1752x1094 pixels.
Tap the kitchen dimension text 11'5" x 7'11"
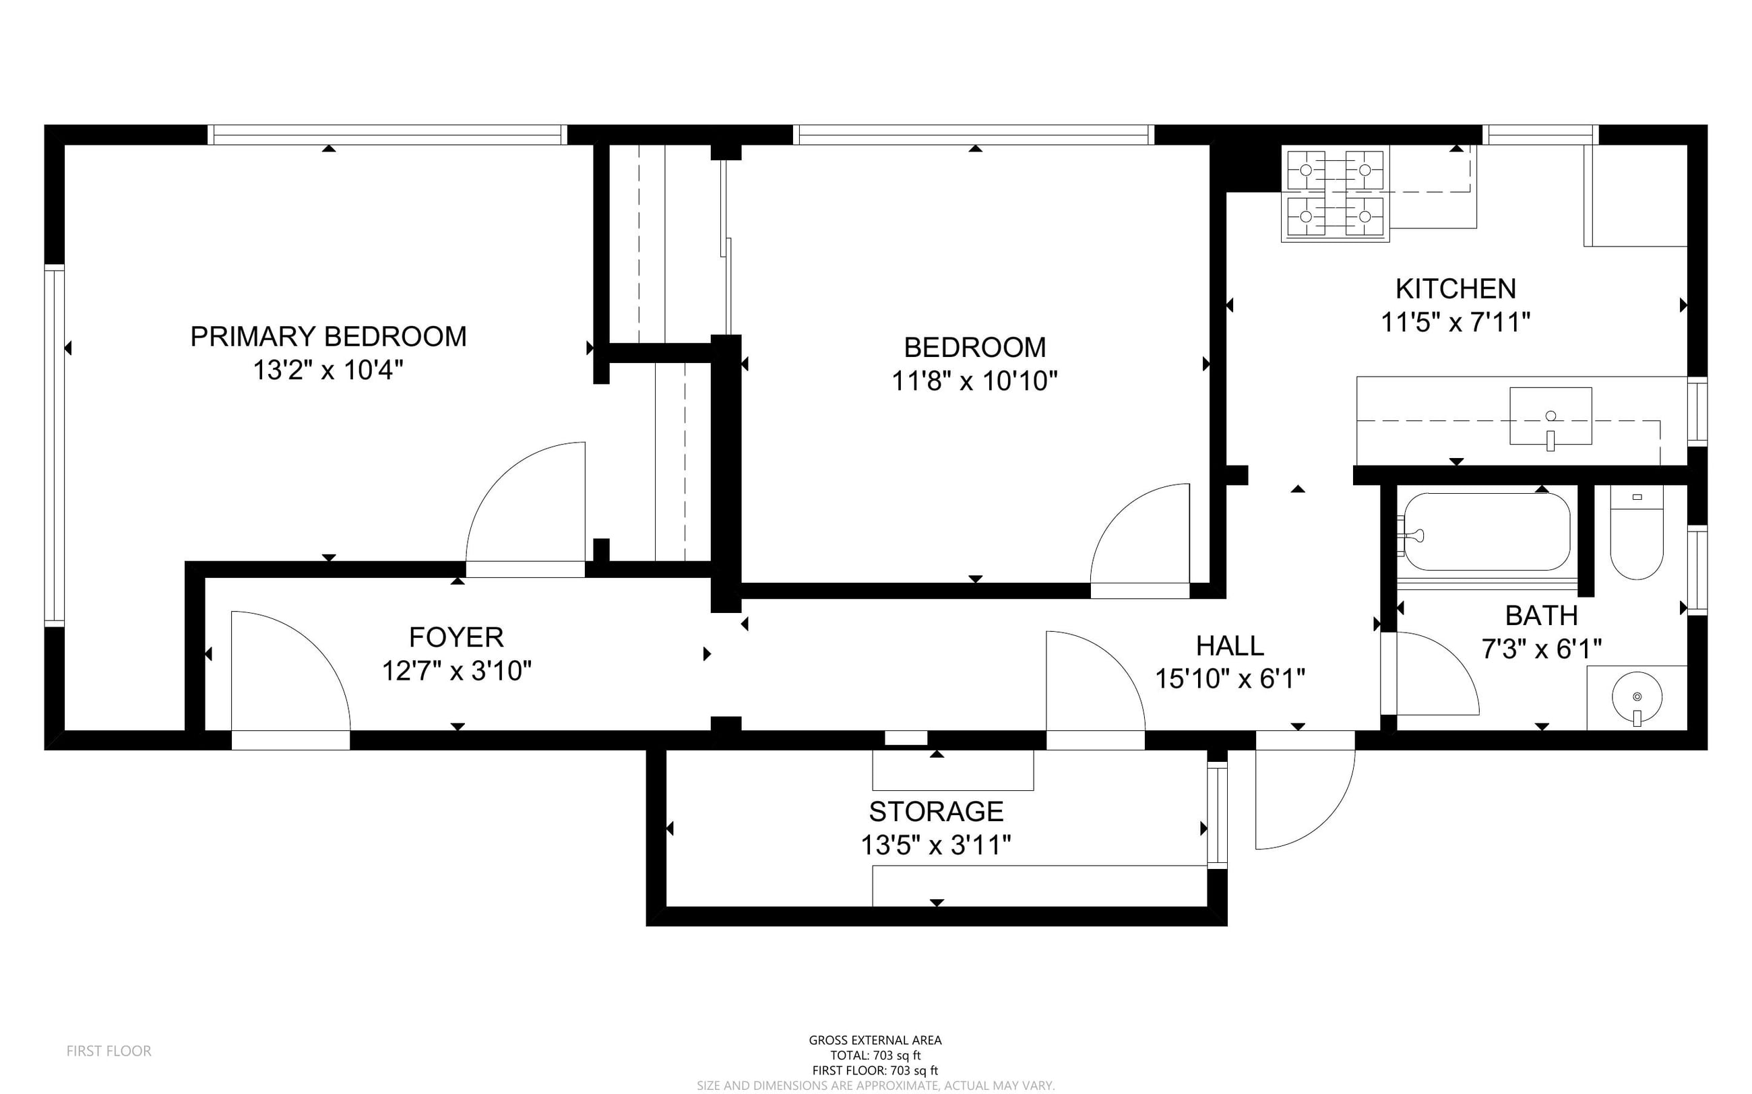(1456, 322)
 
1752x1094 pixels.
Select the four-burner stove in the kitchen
(1335, 194)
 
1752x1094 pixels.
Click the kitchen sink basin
(1550, 416)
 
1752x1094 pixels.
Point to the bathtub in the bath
(1487, 532)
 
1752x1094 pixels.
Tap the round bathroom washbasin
(1637, 697)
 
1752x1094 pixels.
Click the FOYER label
(456, 637)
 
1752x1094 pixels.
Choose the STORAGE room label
(937, 812)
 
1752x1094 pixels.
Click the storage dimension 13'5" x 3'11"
(936, 844)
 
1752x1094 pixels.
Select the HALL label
(1230, 645)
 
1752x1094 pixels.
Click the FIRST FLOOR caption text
(109, 1051)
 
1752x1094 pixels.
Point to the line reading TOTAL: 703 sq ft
(875, 1056)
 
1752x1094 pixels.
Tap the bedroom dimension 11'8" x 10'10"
(975, 381)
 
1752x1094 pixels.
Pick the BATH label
(1541, 616)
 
